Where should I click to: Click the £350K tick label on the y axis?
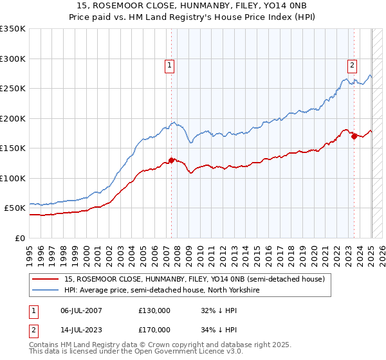pyautogui.click(x=13, y=29)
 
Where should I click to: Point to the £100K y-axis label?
pyautogui.click(x=13, y=178)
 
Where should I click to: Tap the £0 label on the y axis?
pyautogui.click(x=20, y=238)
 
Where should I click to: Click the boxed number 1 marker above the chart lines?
pyautogui.click(x=169, y=64)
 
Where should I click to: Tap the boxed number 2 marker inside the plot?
pyautogui.click(x=353, y=64)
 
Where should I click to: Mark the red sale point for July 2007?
pyautogui.click(x=171, y=160)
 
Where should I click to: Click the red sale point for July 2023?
pyautogui.click(x=354, y=136)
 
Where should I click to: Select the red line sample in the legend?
pyautogui.click(x=46, y=280)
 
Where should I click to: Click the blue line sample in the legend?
pyautogui.click(x=46, y=291)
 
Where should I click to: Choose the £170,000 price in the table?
pyautogui.click(x=155, y=329)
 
